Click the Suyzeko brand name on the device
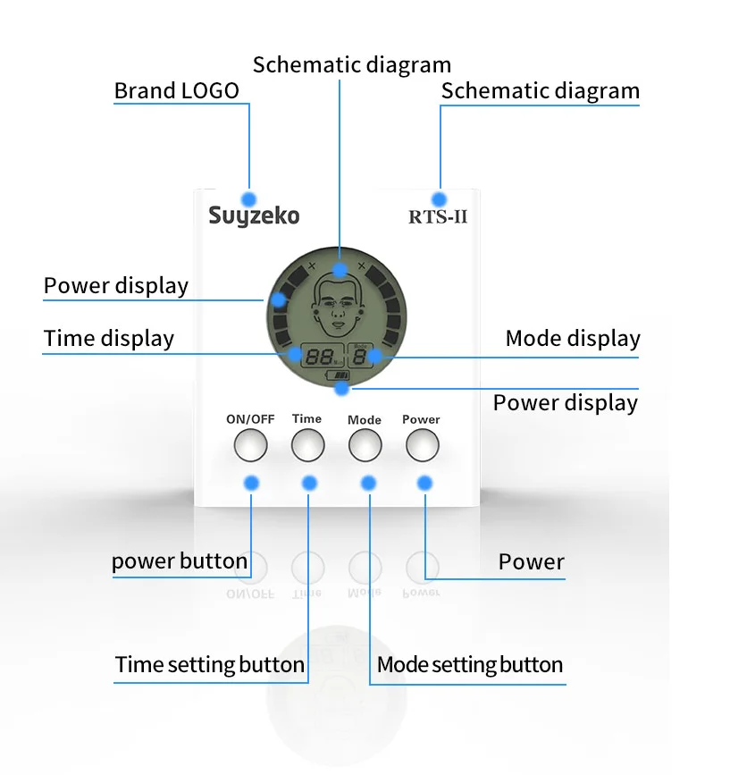pos(254,216)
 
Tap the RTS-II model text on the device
pos(438,217)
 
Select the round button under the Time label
pos(306,443)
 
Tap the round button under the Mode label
pos(365,444)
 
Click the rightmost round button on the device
pos(423,443)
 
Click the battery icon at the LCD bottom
pos(340,376)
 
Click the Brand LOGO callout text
pos(177,91)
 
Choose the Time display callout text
pos(109,339)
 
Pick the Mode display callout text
pos(573,339)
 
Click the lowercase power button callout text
pos(180,561)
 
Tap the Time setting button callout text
pos(210,665)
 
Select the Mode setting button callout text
pos(470,665)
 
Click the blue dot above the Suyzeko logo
pos(249,198)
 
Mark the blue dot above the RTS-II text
pos(438,198)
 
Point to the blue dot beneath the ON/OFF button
pos(251,483)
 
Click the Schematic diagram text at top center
pos(352,65)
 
